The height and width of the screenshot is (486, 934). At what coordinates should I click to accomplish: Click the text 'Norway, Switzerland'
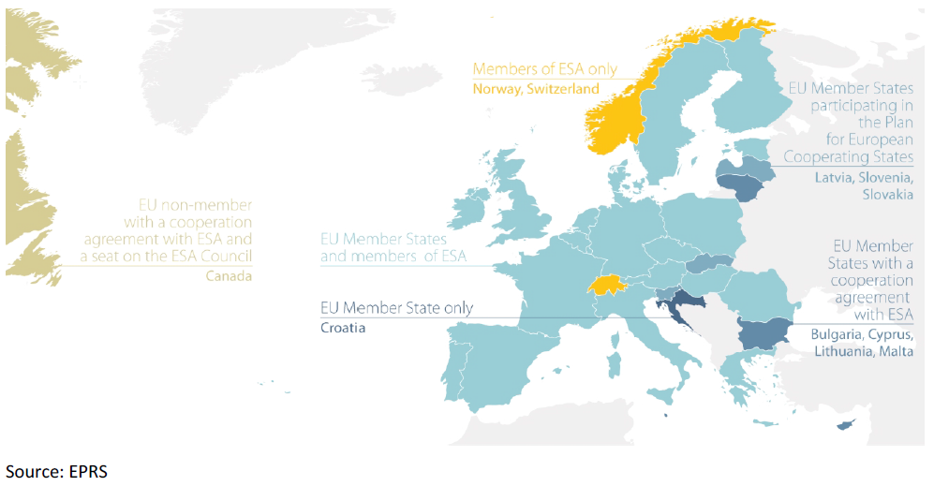[x=535, y=89]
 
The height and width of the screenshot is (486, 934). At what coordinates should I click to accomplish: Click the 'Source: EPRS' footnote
[x=56, y=471]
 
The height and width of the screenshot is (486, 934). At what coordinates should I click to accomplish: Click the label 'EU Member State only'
[x=396, y=308]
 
